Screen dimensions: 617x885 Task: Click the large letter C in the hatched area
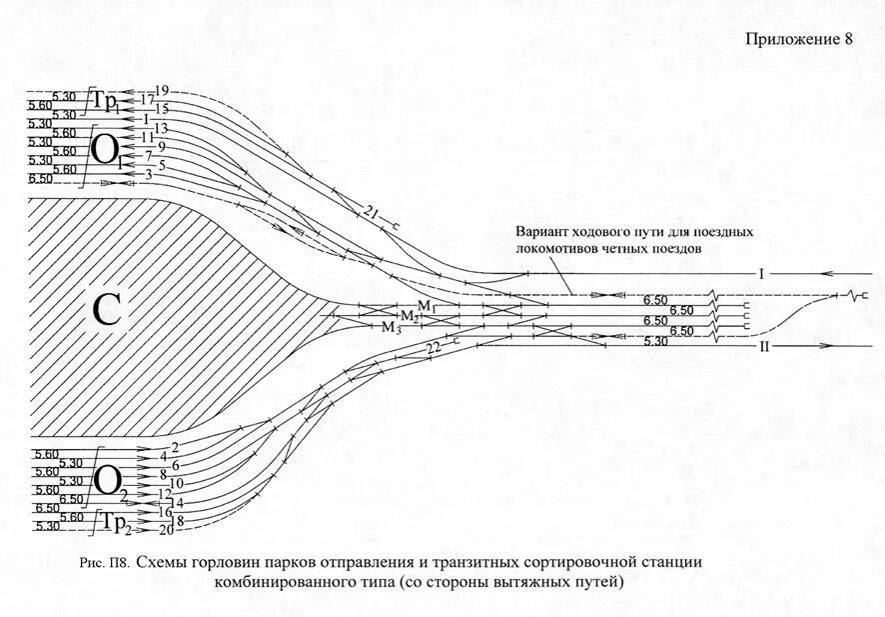pyautogui.click(x=107, y=311)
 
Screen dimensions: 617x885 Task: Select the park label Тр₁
pyautogui.click(x=112, y=102)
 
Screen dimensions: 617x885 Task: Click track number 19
pyautogui.click(x=162, y=91)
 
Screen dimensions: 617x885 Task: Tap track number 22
pyautogui.click(x=433, y=347)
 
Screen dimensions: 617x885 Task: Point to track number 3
pyautogui.click(x=149, y=174)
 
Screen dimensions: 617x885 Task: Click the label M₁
pyautogui.click(x=425, y=304)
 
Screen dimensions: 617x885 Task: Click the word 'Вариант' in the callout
pyautogui.click(x=543, y=231)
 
